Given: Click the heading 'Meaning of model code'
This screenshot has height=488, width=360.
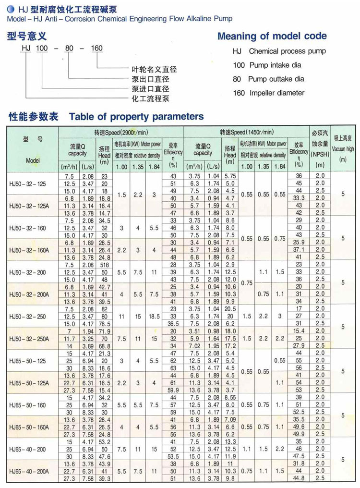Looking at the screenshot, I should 272,36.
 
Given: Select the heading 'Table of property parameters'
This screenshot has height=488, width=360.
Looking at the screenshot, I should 136,116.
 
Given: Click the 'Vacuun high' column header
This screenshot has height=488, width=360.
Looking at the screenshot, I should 344,149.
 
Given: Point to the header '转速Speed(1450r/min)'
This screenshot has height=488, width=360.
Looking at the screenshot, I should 247,132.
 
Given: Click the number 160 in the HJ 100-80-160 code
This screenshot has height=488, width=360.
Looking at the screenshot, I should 96,49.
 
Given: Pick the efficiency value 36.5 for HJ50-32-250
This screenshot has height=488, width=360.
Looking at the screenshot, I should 173,324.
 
